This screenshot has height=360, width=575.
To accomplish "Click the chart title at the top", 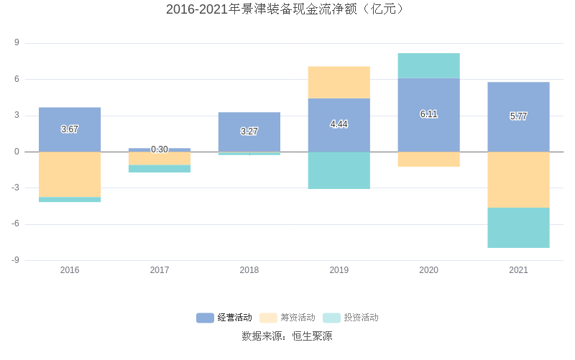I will click(287, 9).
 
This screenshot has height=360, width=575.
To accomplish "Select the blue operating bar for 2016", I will click(70, 119).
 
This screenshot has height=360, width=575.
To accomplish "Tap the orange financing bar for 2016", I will click(70, 174).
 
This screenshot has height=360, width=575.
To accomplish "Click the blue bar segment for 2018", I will click(249, 122).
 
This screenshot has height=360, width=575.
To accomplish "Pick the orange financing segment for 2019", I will click(339, 82).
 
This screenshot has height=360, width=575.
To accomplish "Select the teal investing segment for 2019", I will click(339, 170).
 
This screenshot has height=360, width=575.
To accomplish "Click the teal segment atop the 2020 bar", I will click(428, 65).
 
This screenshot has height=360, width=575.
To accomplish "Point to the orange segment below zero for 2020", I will click(428, 159).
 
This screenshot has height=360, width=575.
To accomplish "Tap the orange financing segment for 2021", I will click(518, 180).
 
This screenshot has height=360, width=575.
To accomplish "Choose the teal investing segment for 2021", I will click(518, 228).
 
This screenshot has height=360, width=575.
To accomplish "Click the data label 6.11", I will click(428, 114).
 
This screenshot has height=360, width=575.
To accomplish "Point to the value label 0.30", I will click(160, 149).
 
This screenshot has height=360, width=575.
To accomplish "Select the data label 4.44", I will click(339, 124).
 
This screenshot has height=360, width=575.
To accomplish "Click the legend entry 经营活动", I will click(225, 318).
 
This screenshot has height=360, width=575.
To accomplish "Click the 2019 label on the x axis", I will click(339, 270).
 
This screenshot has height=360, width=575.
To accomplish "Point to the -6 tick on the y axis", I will click(15, 224).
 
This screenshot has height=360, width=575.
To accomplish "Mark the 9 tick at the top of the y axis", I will click(17, 43).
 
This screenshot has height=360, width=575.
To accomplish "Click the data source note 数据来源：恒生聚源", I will click(287, 336).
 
